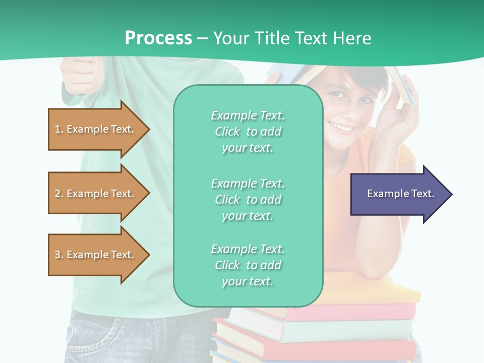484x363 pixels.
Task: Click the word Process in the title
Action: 158,38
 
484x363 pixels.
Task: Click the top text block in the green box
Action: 248,132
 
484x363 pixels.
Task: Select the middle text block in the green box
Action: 248,200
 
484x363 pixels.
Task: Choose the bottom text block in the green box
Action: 248,265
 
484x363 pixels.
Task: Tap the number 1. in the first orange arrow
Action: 59,129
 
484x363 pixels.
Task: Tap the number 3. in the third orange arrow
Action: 59,255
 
